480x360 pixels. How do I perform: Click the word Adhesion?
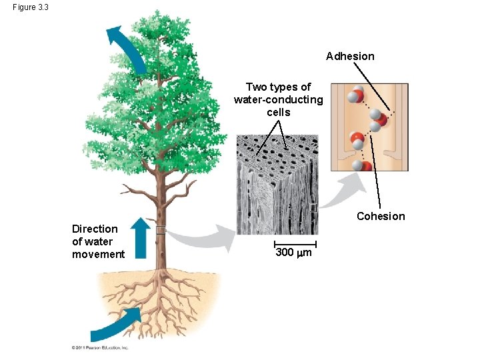pos(350,57)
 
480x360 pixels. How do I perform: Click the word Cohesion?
pos(381,216)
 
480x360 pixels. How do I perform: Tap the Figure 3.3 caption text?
pos(30,7)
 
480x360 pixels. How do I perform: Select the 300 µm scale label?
pos(293,253)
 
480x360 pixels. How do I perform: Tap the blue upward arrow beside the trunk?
pos(140,237)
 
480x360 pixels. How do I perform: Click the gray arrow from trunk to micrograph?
pos(203,237)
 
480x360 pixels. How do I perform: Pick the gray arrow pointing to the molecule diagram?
pos(343,193)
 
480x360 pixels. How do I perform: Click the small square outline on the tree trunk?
pos(160,231)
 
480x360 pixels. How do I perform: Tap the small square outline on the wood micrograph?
pos(313,207)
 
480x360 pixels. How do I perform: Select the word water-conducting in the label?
pos(278,100)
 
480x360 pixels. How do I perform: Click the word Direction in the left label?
pos(95,229)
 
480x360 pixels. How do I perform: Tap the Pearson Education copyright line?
pos(100,347)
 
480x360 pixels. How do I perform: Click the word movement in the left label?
pos(98,254)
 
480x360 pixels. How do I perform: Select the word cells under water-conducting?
pos(278,113)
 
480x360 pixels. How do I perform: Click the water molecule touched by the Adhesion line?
pos(378,121)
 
